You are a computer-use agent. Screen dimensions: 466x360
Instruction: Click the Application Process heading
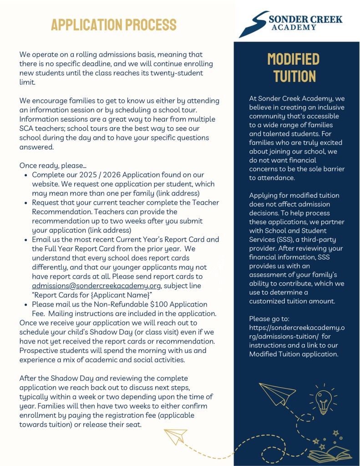pyautogui.click(x=113, y=24)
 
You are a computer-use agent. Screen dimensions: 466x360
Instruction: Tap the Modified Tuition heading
pyautogui.click(x=294, y=67)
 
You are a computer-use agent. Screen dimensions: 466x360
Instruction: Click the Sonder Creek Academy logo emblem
pyautogui.click(x=253, y=24)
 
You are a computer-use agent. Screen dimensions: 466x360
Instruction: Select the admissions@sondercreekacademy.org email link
pyautogui.click(x=96, y=286)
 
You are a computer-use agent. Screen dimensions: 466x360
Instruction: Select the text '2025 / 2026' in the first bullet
pyautogui.click(x=109, y=175)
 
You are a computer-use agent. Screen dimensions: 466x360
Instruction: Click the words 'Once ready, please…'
pyautogui.click(x=53, y=165)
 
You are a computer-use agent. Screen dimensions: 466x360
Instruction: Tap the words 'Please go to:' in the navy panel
pyautogui.click(x=269, y=319)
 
